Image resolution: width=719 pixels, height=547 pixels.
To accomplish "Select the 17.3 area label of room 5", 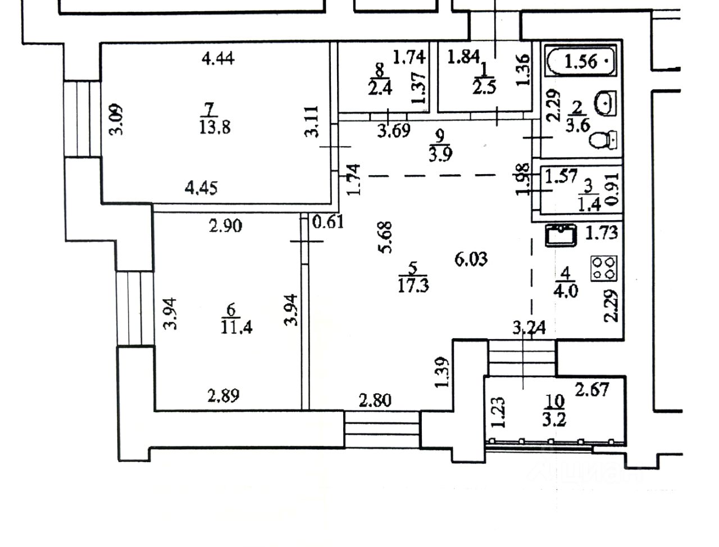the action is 413,285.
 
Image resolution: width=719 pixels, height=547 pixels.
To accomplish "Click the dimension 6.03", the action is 470,259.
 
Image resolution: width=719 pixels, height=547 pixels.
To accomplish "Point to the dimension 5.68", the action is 386,238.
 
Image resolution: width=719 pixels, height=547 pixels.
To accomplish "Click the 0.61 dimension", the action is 327,222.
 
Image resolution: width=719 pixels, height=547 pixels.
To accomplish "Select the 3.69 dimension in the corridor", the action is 393,131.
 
